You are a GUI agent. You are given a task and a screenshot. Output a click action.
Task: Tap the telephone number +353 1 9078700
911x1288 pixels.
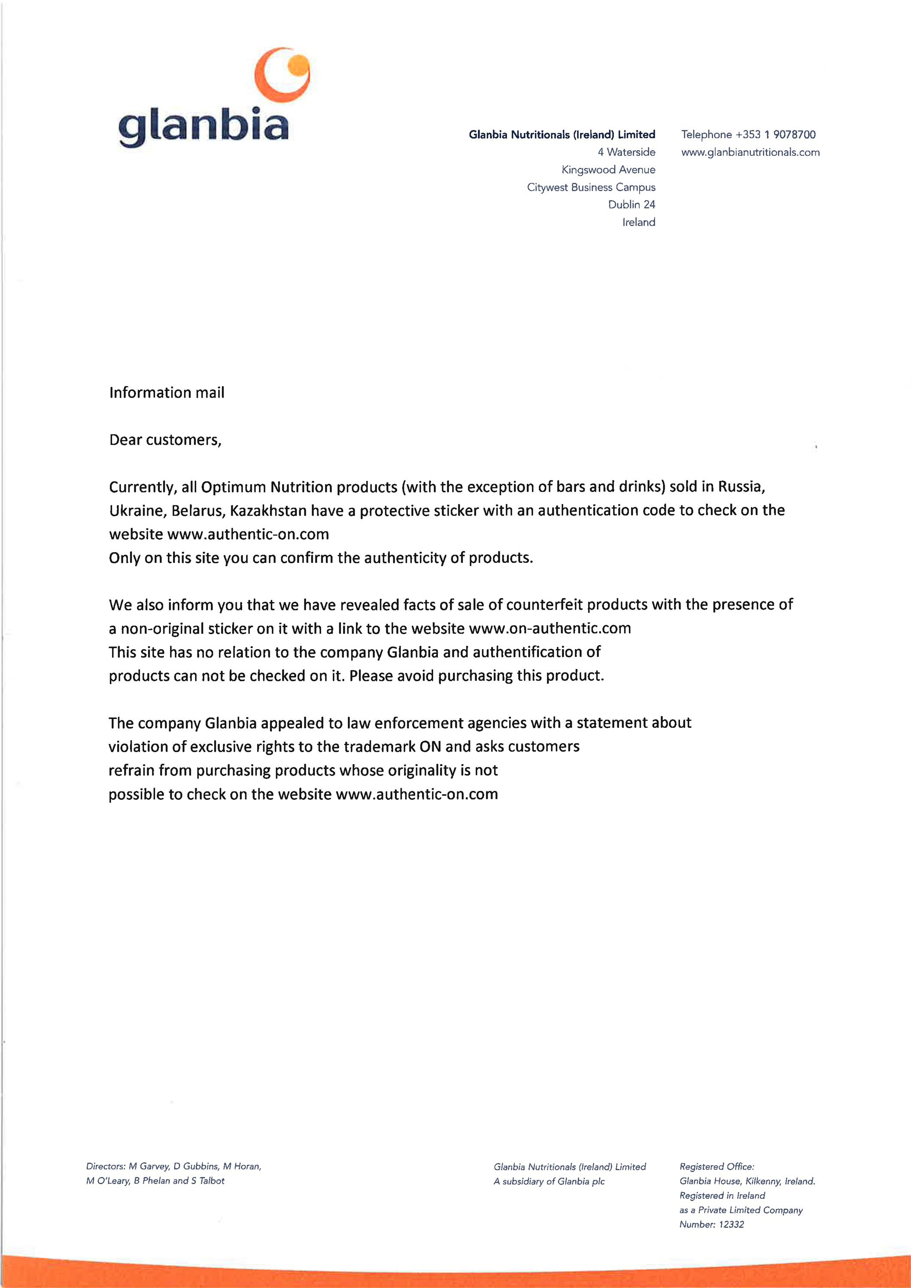775,135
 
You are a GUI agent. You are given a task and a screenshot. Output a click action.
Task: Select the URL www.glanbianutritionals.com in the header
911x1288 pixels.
750,152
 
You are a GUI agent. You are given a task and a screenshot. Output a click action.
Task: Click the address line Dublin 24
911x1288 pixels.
631,205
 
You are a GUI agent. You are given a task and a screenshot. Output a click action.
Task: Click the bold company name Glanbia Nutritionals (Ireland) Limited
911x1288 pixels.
562,135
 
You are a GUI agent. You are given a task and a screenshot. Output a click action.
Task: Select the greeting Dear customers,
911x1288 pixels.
165,440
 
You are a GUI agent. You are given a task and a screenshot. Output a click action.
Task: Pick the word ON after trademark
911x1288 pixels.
430,747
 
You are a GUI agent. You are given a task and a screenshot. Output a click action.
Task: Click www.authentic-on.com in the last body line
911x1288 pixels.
416,794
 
